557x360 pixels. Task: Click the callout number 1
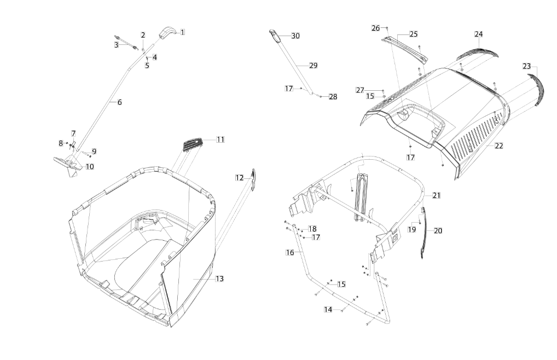pyautogui.click(x=183, y=32)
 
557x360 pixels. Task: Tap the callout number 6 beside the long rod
pyautogui.click(x=119, y=102)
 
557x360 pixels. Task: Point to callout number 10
pyautogui.click(x=90, y=166)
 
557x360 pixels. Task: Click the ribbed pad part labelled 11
pyautogui.click(x=193, y=144)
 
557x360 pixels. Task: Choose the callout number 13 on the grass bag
pyautogui.click(x=220, y=278)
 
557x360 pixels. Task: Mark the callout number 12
pyautogui.click(x=240, y=177)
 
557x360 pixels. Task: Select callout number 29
pyautogui.click(x=314, y=65)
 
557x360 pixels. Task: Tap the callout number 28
pyautogui.click(x=333, y=97)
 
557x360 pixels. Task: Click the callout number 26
pyautogui.click(x=375, y=28)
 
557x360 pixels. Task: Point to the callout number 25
pyautogui.click(x=414, y=34)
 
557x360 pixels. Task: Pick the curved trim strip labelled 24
pyautogui.click(x=477, y=51)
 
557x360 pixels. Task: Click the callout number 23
pyautogui.click(x=526, y=66)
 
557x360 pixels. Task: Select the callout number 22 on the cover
pyautogui.click(x=499, y=146)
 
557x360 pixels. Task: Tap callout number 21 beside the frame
pyautogui.click(x=436, y=195)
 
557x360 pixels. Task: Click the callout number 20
pyautogui.click(x=438, y=231)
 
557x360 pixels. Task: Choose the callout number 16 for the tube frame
pyautogui.click(x=290, y=252)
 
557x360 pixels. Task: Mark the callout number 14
pyautogui.click(x=328, y=310)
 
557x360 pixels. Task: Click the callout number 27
pyautogui.click(x=360, y=90)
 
